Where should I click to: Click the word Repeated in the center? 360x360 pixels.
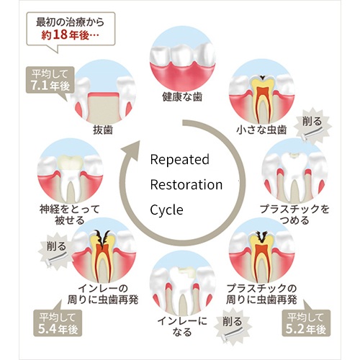(x=179, y=160)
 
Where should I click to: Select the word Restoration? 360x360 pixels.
(x=186, y=185)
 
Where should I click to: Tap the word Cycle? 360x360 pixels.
(x=166, y=210)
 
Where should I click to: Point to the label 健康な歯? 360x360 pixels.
(x=182, y=97)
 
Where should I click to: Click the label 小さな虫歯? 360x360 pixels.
(x=261, y=130)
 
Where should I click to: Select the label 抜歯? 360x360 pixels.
(x=103, y=130)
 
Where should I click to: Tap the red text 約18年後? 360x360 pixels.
(x=70, y=35)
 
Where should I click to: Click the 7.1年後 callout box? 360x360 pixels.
(x=50, y=80)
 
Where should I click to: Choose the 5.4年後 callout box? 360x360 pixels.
(x=58, y=323)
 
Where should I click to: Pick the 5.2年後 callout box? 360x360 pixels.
(x=306, y=323)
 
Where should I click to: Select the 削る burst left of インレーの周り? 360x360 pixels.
(x=56, y=250)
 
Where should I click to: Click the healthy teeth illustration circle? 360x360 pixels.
(x=182, y=59)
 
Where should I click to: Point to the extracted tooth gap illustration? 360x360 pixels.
(x=103, y=93)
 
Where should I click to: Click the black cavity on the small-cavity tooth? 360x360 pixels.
(x=262, y=77)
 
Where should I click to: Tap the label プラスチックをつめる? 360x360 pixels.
(x=294, y=215)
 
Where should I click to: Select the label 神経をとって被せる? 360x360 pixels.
(x=70, y=215)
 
